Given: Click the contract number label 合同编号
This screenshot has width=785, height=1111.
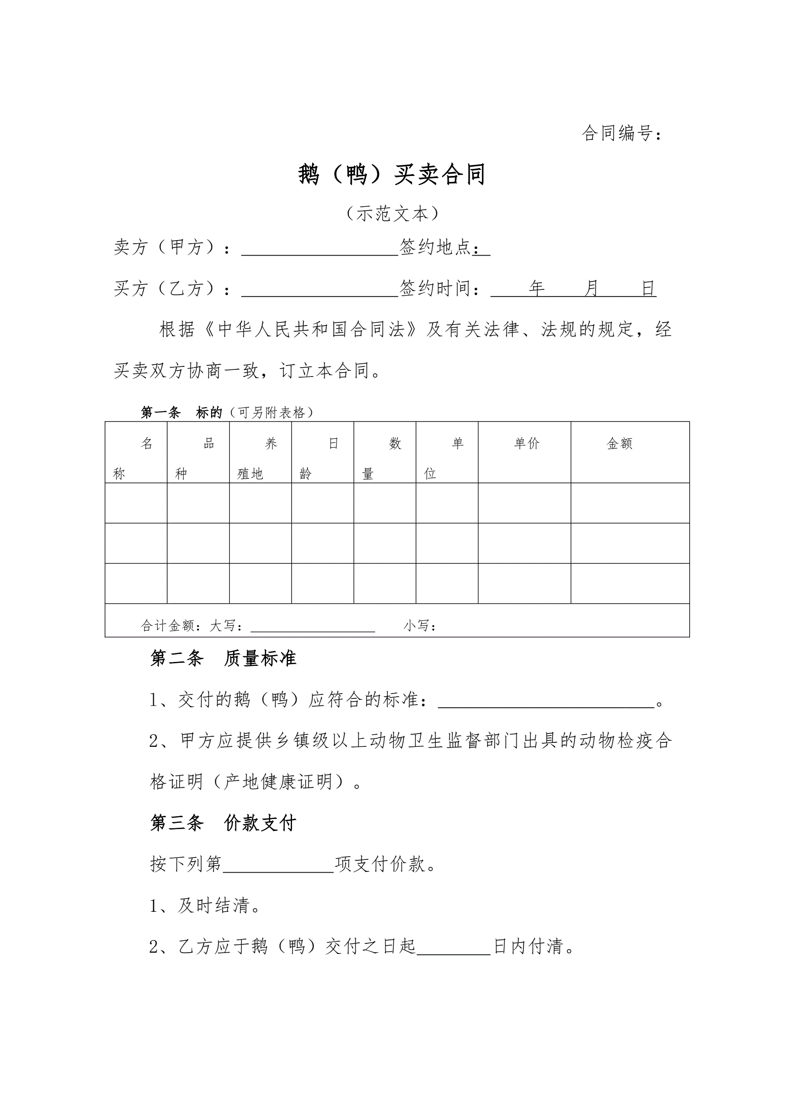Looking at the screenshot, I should (621, 133).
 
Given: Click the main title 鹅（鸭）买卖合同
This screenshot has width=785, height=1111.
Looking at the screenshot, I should (391, 174).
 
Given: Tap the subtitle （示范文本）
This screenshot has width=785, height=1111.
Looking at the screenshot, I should (392, 213).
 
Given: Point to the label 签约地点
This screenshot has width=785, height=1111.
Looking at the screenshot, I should (435, 247).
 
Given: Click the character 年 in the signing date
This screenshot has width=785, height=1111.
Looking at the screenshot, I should (536, 289).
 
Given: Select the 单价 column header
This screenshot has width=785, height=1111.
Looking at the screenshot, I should (526, 443).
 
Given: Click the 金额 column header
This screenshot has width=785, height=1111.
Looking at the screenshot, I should (619, 443).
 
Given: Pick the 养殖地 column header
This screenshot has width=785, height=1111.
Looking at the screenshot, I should (260, 458).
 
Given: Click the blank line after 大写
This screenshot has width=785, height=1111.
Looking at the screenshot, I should (313, 628).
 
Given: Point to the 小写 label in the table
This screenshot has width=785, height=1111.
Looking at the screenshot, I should (419, 626).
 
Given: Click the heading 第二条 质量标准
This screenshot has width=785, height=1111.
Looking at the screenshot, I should (223, 658).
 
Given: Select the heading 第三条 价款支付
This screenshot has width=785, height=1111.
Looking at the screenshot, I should (223, 823).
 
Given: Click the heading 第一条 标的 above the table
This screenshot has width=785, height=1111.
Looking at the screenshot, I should (182, 412).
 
